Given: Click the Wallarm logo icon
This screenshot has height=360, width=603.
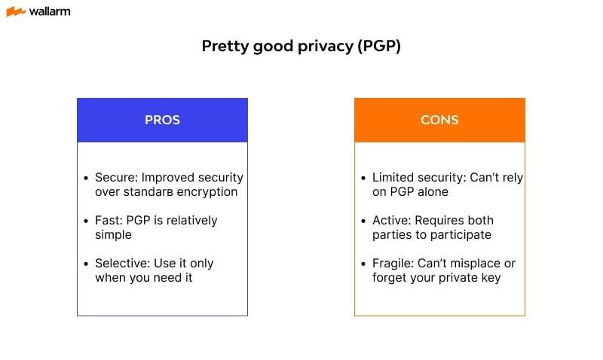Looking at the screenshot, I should (16, 11).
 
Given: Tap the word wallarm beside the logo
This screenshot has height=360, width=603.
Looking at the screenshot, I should (50, 11).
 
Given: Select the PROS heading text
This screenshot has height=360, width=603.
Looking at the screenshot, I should (162, 120).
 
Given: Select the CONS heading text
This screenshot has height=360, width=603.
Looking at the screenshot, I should (439, 120).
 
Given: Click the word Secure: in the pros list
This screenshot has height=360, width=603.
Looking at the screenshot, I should (117, 178).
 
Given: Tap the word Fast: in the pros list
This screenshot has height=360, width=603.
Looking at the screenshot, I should (109, 221).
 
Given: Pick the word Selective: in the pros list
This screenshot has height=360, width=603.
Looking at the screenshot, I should (123, 264).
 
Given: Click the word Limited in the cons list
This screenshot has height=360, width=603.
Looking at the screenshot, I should (393, 178).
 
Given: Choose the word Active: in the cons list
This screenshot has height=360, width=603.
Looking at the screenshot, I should (392, 221).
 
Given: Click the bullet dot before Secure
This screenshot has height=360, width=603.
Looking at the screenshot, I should (86, 178).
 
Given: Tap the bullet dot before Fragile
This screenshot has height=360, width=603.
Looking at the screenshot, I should (363, 264).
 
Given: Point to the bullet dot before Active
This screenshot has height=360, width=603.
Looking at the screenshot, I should (363, 221).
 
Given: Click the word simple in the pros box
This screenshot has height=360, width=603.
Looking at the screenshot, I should (113, 235).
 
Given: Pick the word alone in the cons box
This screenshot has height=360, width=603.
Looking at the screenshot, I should (431, 192).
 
